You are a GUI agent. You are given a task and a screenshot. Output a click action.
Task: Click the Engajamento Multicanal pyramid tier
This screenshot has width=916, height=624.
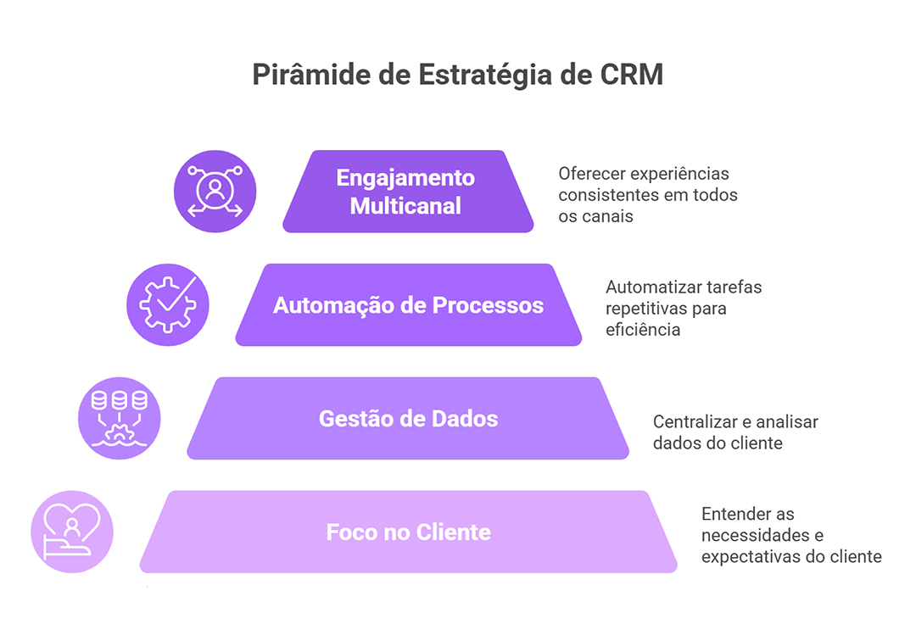(x=408, y=192)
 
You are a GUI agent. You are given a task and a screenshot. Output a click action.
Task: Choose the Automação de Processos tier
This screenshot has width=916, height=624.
(x=408, y=305)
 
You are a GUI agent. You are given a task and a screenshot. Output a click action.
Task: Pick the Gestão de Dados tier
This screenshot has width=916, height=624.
(x=408, y=419)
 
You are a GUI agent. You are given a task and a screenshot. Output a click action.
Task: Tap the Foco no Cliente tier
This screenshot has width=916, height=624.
(x=408, y=532)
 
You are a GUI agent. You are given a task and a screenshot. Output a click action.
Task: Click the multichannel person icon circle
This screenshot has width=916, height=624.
(x=215, y=192)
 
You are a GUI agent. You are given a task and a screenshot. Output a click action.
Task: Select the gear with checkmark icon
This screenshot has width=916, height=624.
(x=167, y=304)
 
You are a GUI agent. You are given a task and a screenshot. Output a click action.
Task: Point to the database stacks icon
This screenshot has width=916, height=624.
(x=120, y=418)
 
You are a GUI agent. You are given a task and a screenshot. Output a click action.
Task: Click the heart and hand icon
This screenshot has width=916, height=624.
(x=72, y=532)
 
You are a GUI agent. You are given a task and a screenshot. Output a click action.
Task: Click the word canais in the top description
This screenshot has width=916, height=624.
(x=608, y=216)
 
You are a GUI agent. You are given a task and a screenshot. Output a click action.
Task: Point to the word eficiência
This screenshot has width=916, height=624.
(x=642, y=330)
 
